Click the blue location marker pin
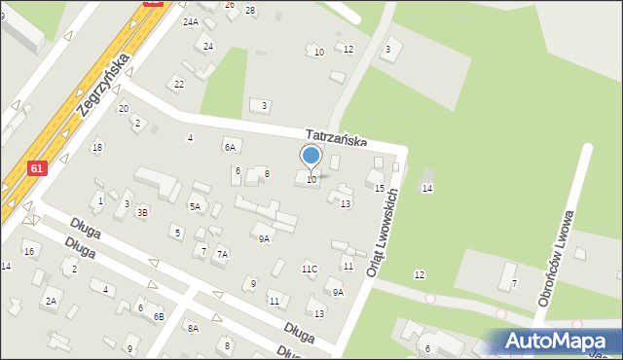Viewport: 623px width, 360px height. click(x=311, y=157)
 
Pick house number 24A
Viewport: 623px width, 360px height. click(x=190, y=21)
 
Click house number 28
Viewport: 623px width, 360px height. click(x=250, y=10)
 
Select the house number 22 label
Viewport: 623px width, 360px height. click(x=179, y=84)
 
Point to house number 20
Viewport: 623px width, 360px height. click(x=124, y=108)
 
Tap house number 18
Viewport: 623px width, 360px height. click(x=96, y=147)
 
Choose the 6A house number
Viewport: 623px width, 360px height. click(x=230, y=147)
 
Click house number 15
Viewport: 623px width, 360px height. click(x=380, y=188)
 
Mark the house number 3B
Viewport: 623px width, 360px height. click(x=142, y=211)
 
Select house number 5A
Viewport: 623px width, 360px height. click(x=195, y=206)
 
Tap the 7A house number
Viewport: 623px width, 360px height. click(x=222, y=254)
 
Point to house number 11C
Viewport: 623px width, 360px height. click(x=310, y=269)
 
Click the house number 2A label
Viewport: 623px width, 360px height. click(x=50, y=302)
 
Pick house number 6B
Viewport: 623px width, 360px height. click(x=159, y=316)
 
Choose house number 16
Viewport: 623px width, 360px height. click(x=29, y=251)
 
